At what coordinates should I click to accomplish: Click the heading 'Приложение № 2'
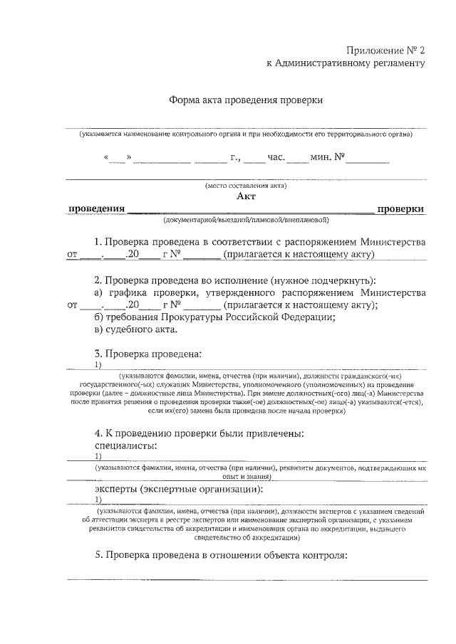coord(385,51)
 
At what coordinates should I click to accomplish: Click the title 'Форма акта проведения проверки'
coord(246,100)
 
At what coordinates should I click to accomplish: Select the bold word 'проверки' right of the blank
coord(400,208)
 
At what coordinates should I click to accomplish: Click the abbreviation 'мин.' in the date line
coord(320,157)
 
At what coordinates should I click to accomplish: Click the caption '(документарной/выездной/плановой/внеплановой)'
coord(246,219)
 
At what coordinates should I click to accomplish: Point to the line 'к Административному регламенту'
coord(346,63)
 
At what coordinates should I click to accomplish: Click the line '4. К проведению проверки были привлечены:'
coord(199,433)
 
